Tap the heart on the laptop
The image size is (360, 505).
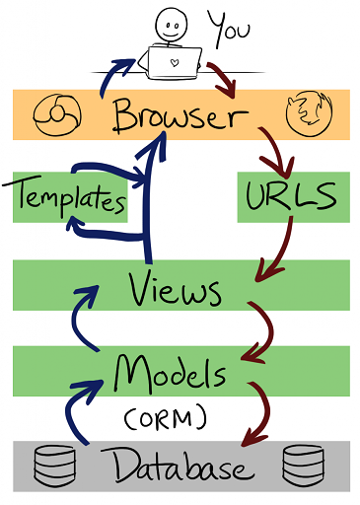tap(175, 62)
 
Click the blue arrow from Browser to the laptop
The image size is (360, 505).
tap(110, 74)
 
